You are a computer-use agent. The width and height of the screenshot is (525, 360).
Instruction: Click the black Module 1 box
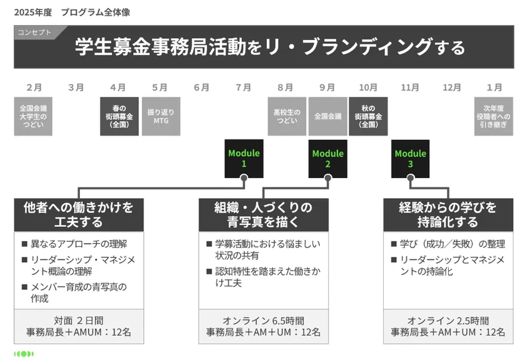click(244, 158)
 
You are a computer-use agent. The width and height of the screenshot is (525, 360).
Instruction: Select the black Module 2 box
click(327, 158)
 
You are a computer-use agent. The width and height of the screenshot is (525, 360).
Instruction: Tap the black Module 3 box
click(410, 158)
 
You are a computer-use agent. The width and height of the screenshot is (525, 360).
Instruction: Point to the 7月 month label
click(244, 87)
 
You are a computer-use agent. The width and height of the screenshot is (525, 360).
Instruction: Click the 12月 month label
click(452, 87)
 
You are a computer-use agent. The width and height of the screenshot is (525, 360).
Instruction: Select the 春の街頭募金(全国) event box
click(119, 116)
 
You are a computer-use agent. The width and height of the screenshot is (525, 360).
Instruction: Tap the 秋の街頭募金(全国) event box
click(369, 116)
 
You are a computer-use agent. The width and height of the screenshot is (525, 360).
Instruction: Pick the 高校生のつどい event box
click(286, 116)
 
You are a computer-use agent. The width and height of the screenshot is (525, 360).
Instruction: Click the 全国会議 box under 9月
click(327, 116)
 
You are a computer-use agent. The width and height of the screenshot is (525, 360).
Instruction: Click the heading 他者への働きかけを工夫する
click(79, 214)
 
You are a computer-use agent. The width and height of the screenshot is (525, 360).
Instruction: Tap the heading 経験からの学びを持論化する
click(447, 214)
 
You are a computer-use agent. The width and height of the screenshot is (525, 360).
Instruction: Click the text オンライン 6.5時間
click(263, 319)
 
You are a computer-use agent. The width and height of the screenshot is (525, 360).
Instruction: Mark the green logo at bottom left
click(24, 354)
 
